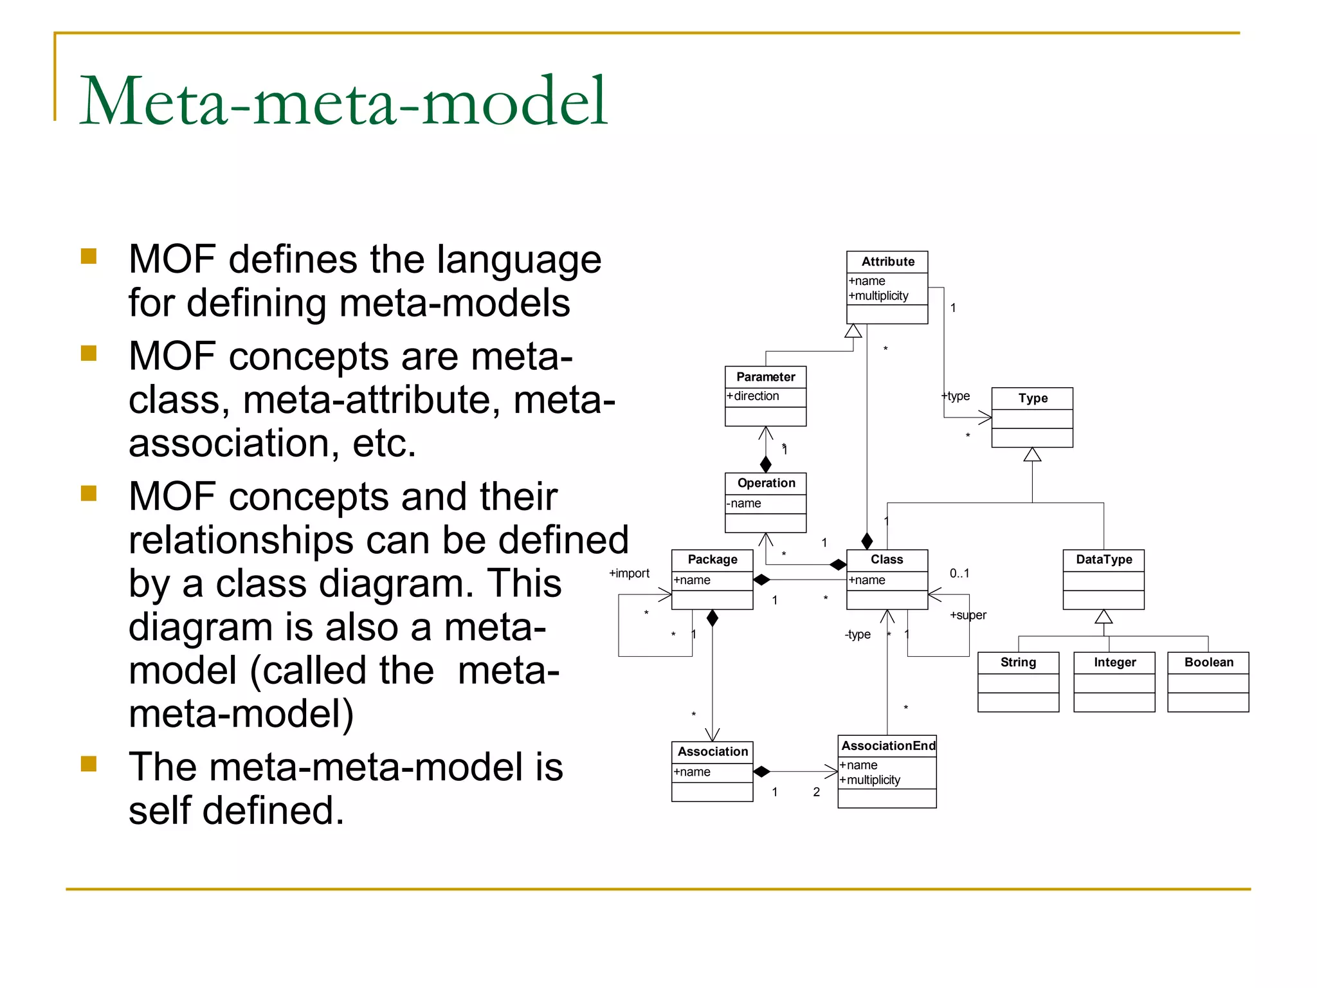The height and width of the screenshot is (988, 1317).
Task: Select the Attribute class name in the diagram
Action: coord(887,261)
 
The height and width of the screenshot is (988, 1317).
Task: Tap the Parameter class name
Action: coord(765,377)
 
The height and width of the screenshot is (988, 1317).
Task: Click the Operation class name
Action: coord(766,483)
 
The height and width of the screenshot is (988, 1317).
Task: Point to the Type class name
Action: coord(1033,398)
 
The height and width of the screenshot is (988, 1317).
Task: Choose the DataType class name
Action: coord(1104,560)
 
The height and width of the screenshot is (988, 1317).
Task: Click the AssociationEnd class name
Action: coord(888,746)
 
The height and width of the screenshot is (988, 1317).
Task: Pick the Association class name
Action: coord(713,751)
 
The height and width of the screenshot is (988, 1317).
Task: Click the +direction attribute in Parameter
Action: coord(753,396)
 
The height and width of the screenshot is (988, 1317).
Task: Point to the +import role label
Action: coord(629,573)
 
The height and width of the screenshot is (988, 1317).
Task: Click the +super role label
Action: coord(968,615)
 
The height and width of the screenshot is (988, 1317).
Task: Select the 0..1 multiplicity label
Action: coord(959,573)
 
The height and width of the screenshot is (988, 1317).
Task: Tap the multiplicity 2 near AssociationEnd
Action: coord(816,792)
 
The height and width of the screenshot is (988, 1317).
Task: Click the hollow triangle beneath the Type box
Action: coord(1032,455)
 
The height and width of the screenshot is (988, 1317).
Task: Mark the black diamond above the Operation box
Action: coord(765,464)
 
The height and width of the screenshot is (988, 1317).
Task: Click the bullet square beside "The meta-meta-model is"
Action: coord(89,764)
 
